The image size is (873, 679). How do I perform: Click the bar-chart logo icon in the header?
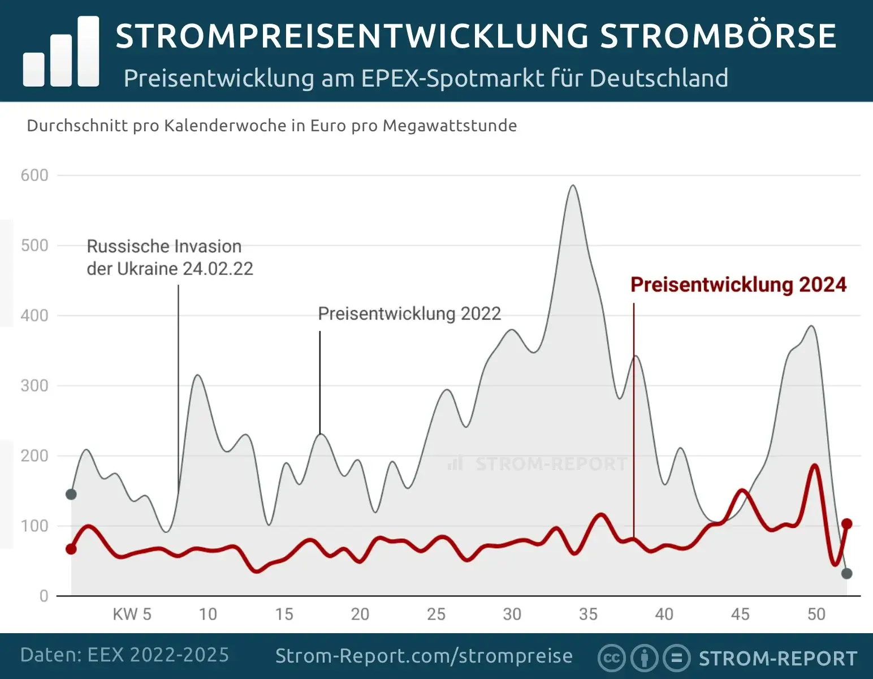[61, 52]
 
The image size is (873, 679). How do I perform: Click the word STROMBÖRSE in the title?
[718, 36]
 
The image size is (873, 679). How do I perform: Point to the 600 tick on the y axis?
[34, 175]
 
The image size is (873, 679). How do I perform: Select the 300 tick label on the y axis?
[34, 386]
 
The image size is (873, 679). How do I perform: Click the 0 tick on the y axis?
[44, 596]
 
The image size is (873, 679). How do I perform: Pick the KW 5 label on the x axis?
[132, 614]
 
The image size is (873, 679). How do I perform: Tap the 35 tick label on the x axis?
[588, 614]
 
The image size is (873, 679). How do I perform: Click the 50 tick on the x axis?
[816, 614]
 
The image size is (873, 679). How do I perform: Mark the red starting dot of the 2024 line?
[71, 549]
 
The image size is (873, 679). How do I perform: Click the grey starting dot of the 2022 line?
[71, 495]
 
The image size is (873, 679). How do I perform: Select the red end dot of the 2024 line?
[846, 524]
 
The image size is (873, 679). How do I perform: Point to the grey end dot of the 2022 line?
[846, 574]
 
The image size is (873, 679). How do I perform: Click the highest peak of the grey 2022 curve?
[573, 186]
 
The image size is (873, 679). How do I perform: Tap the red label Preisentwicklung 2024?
[738, 285]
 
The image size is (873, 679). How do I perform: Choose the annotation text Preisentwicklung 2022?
[409, 313]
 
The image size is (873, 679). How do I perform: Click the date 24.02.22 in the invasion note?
[218, 269]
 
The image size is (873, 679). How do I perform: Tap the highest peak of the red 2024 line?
[815, 465]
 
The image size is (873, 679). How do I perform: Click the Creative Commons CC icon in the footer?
[612, 658]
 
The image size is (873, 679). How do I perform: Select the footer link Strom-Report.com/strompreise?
[424, 656]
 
